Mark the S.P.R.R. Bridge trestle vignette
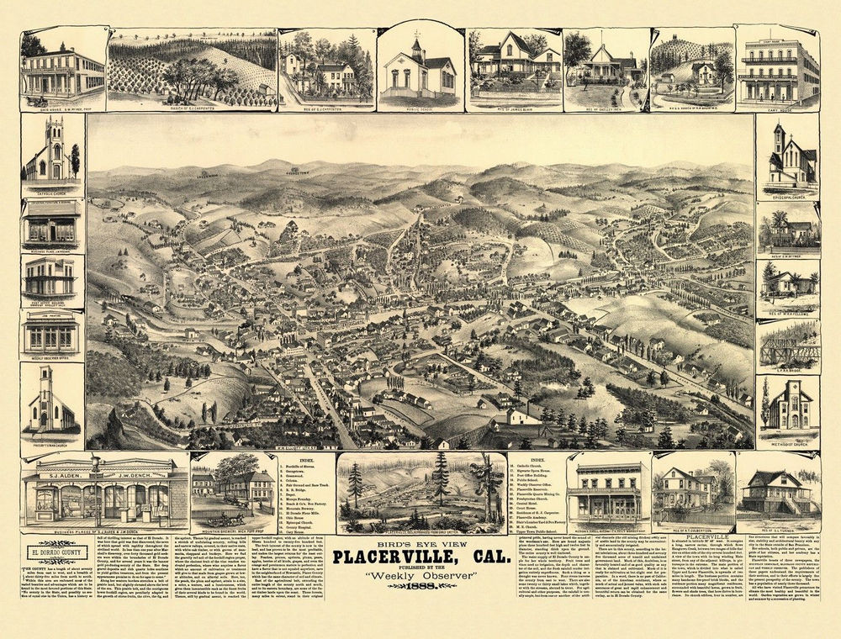point(788,345)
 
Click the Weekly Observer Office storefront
point(51,335)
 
